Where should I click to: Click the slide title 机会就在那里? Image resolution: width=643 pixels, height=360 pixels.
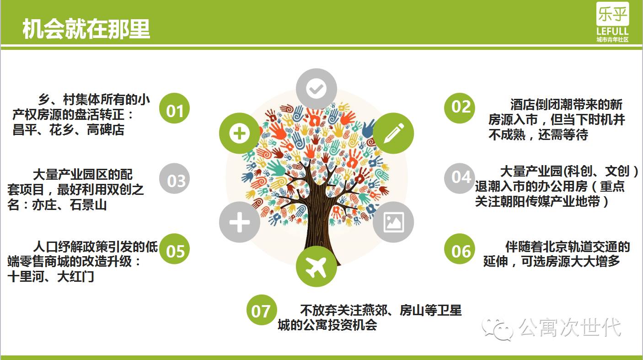pos(86,28)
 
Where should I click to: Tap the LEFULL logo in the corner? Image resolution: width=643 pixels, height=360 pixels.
pos(612,21)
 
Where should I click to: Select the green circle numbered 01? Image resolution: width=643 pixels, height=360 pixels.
pos(174,109)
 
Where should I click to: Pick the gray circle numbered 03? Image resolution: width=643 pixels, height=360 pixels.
pos(174,180)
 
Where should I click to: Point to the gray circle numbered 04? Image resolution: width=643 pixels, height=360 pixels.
pos(460,177)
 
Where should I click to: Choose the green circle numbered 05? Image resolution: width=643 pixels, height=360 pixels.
pos(174,250)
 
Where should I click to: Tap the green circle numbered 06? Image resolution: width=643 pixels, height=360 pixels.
pos(460,250)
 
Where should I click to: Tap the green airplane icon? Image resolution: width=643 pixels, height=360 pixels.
pos(316,266)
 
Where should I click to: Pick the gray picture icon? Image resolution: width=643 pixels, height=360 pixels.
pos(393,222)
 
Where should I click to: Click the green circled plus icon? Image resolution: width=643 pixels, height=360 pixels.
pos(240,133)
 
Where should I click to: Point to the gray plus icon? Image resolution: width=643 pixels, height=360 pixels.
pos(240,222)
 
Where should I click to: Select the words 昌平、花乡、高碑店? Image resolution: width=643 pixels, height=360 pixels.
pos(69,130)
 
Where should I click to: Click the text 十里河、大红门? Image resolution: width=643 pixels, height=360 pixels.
pos(51,276)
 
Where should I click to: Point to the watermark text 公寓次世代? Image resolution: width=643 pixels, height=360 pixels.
pos(569,328)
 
